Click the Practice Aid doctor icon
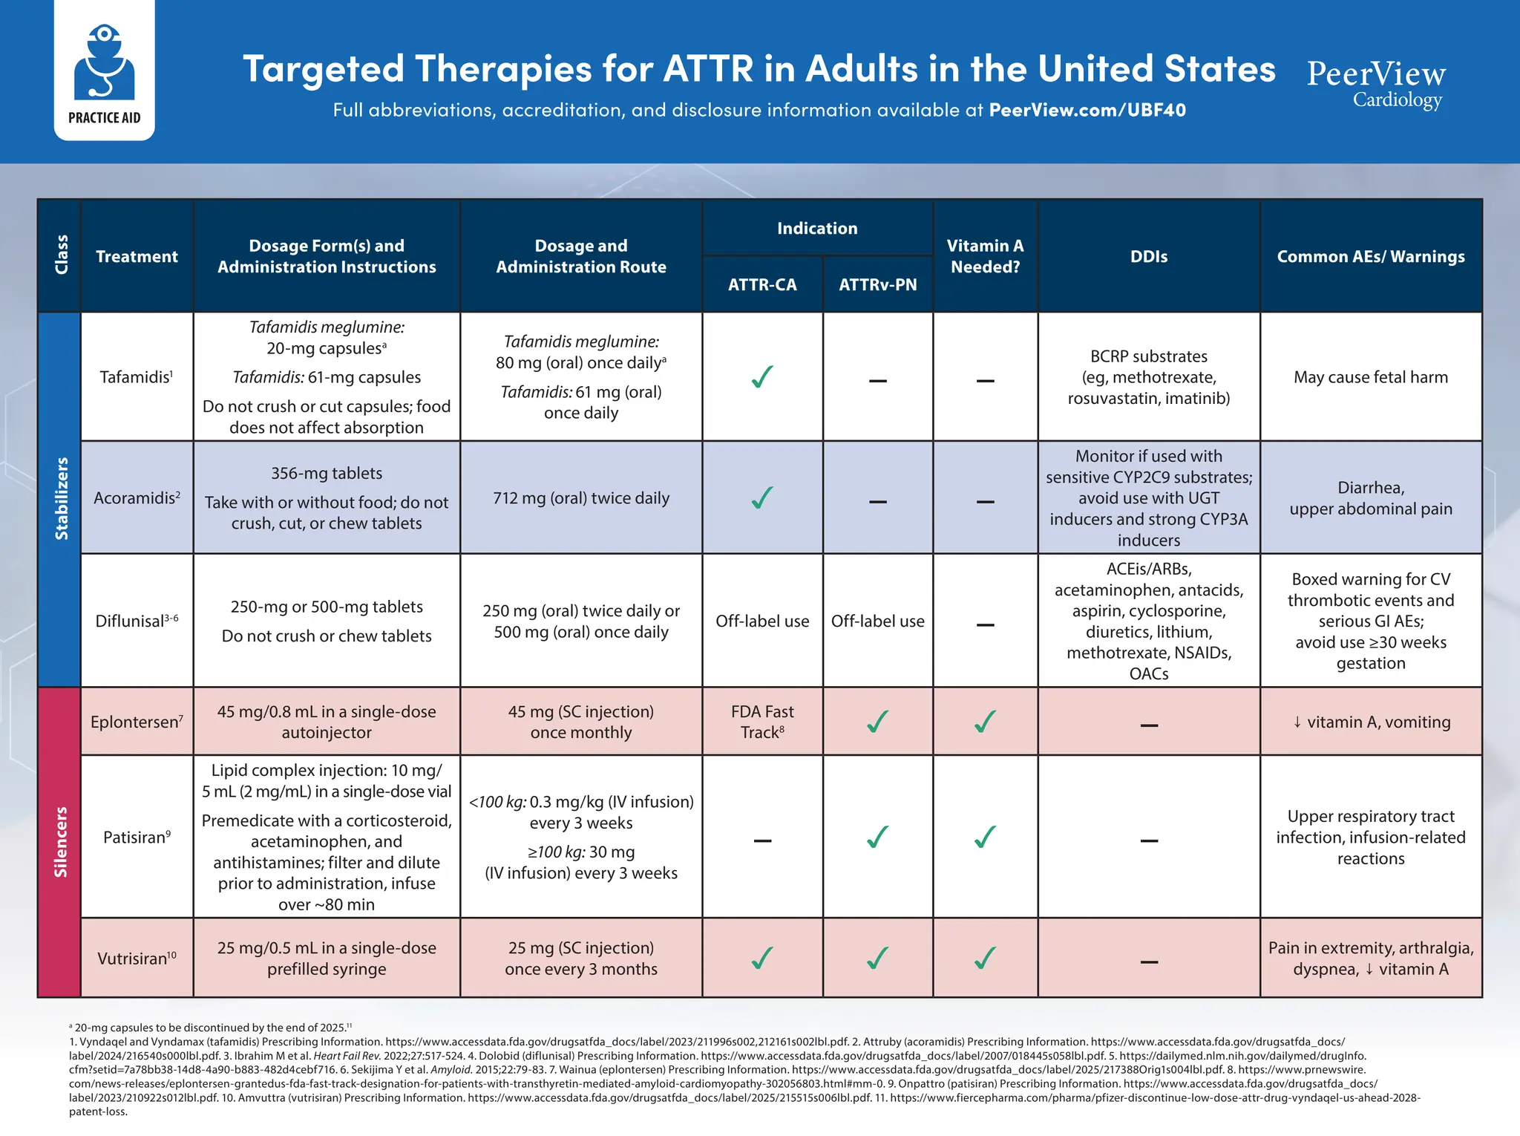coord(104,62)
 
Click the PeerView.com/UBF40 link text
coord(1087,111)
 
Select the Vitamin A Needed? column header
coord(985,256)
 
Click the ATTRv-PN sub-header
coord(877,284)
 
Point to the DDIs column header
coord(1148,256)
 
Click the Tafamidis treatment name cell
coord(137,377)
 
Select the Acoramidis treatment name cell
coord(137,498)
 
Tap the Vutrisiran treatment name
coord(137,958)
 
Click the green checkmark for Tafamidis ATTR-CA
coord(762,377)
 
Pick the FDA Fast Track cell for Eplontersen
coord(762,722)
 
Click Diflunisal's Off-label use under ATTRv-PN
coord(877,621)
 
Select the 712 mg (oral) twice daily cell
coord(581,498)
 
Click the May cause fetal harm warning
coord(1370,377)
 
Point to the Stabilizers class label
coord(62,498)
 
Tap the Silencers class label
coord(62,841)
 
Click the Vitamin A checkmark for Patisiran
coord(985,838)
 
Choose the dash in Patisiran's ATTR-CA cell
coord(762,840)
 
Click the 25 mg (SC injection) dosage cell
coord(581,958)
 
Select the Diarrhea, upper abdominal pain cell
coord(1370,498)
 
